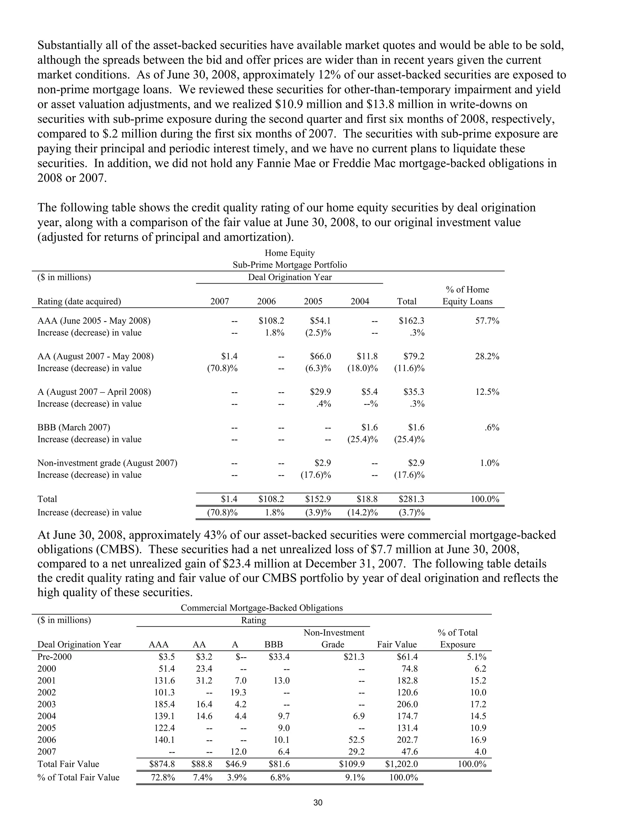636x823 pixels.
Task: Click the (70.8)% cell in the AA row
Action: coord(222,368)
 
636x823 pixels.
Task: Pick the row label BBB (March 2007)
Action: coord(74,427)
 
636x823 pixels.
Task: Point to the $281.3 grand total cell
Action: coord(411,499)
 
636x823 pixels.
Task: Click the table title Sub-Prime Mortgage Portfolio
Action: coord(289,265)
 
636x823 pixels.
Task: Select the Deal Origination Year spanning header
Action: coord(289,277)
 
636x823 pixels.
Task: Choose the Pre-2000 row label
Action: coord(54,657)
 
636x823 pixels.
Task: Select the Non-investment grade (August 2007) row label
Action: coord(107,463)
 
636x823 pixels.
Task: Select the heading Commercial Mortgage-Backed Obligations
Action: coord(261,608)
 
